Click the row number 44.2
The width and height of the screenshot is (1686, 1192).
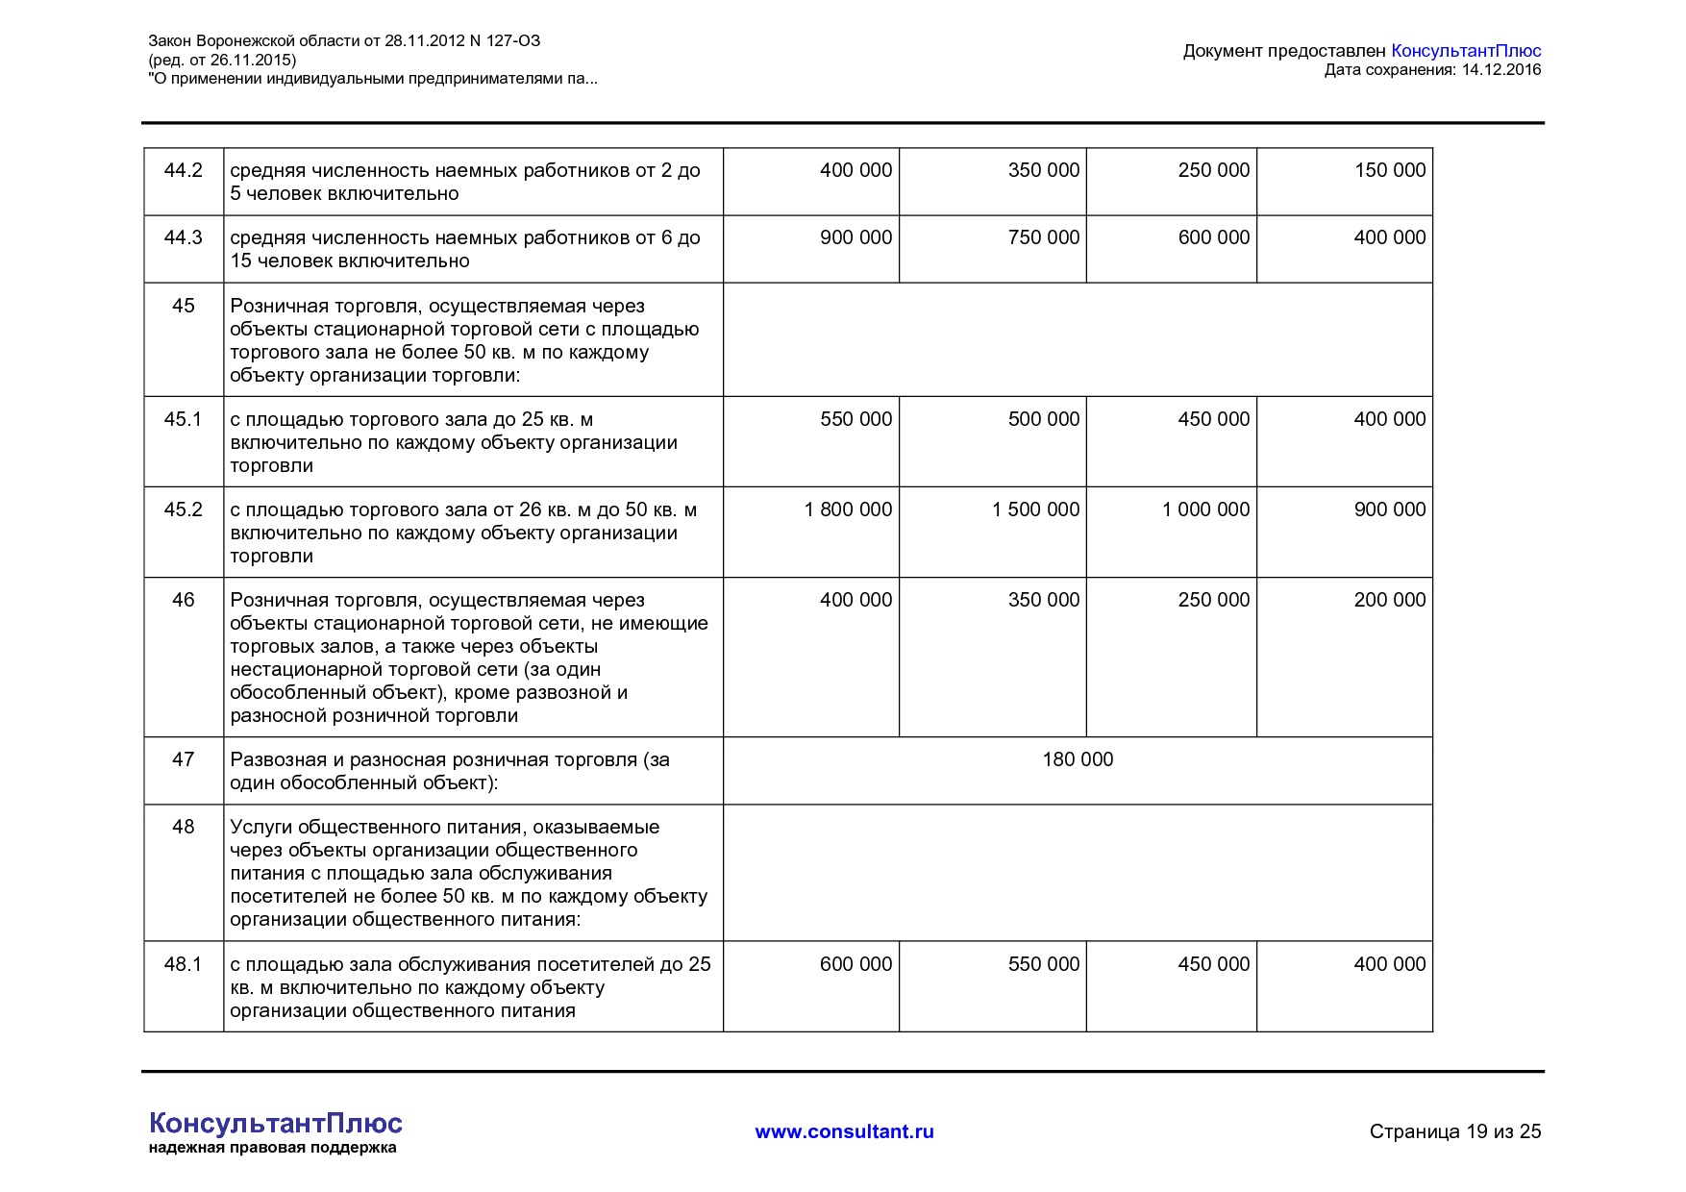click(183, 170)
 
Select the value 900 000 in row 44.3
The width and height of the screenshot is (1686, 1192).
click(855, 237)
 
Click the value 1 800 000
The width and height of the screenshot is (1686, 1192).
click(848, 509)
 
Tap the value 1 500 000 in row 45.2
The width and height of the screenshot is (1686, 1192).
click(1035, 509)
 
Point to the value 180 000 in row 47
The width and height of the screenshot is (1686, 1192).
click(1078, 759)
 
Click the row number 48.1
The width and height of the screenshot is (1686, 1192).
click(183, 964)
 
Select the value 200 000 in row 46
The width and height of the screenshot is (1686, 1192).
click(1389, 600)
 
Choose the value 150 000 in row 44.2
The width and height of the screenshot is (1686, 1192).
click(1389, 170)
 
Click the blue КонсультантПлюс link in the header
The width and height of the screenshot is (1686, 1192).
click(1466, 51)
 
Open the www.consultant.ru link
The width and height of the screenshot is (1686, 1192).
click(844, 1131)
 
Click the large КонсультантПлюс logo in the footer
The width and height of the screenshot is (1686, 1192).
click(276, 1123)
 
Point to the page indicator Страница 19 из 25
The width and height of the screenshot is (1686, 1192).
click(1454, 1131)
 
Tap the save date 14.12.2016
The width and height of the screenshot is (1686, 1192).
click(1501, 69)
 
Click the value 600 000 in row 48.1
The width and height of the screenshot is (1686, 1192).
click(855, 964)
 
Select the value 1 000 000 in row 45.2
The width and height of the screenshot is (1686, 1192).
click(1205, 509)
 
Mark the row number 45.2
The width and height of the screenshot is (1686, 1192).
click(183, 509)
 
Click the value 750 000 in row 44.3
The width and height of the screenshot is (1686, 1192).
click(1043, 237)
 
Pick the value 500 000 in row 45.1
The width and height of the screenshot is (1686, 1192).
click(1043, 419)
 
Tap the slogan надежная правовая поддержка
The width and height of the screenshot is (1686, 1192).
click(272, 1148)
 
